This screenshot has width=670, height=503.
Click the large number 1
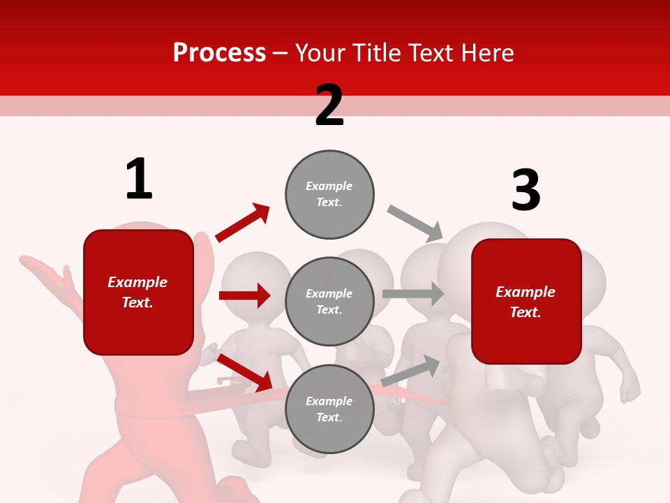coord(139,179)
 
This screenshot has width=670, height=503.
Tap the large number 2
coord(329,105)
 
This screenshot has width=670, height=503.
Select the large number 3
coord(526,190)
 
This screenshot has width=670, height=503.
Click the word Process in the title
coord(219,53)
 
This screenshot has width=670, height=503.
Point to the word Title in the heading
coord(378,53)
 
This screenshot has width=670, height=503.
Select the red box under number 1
coord(138,292)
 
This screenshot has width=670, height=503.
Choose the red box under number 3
coord(526,301)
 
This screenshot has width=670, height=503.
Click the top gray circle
coord(329,194)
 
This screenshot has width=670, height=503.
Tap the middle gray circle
coord(329,301)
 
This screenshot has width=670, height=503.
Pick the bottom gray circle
coord(329,409)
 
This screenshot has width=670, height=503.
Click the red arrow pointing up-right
coord(243,222)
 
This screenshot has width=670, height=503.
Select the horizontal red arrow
coord(244,296)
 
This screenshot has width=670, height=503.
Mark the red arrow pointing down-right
coord(245,372)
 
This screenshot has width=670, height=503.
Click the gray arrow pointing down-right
coord(415,223)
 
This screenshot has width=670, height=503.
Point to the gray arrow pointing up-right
coord(411,371)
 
